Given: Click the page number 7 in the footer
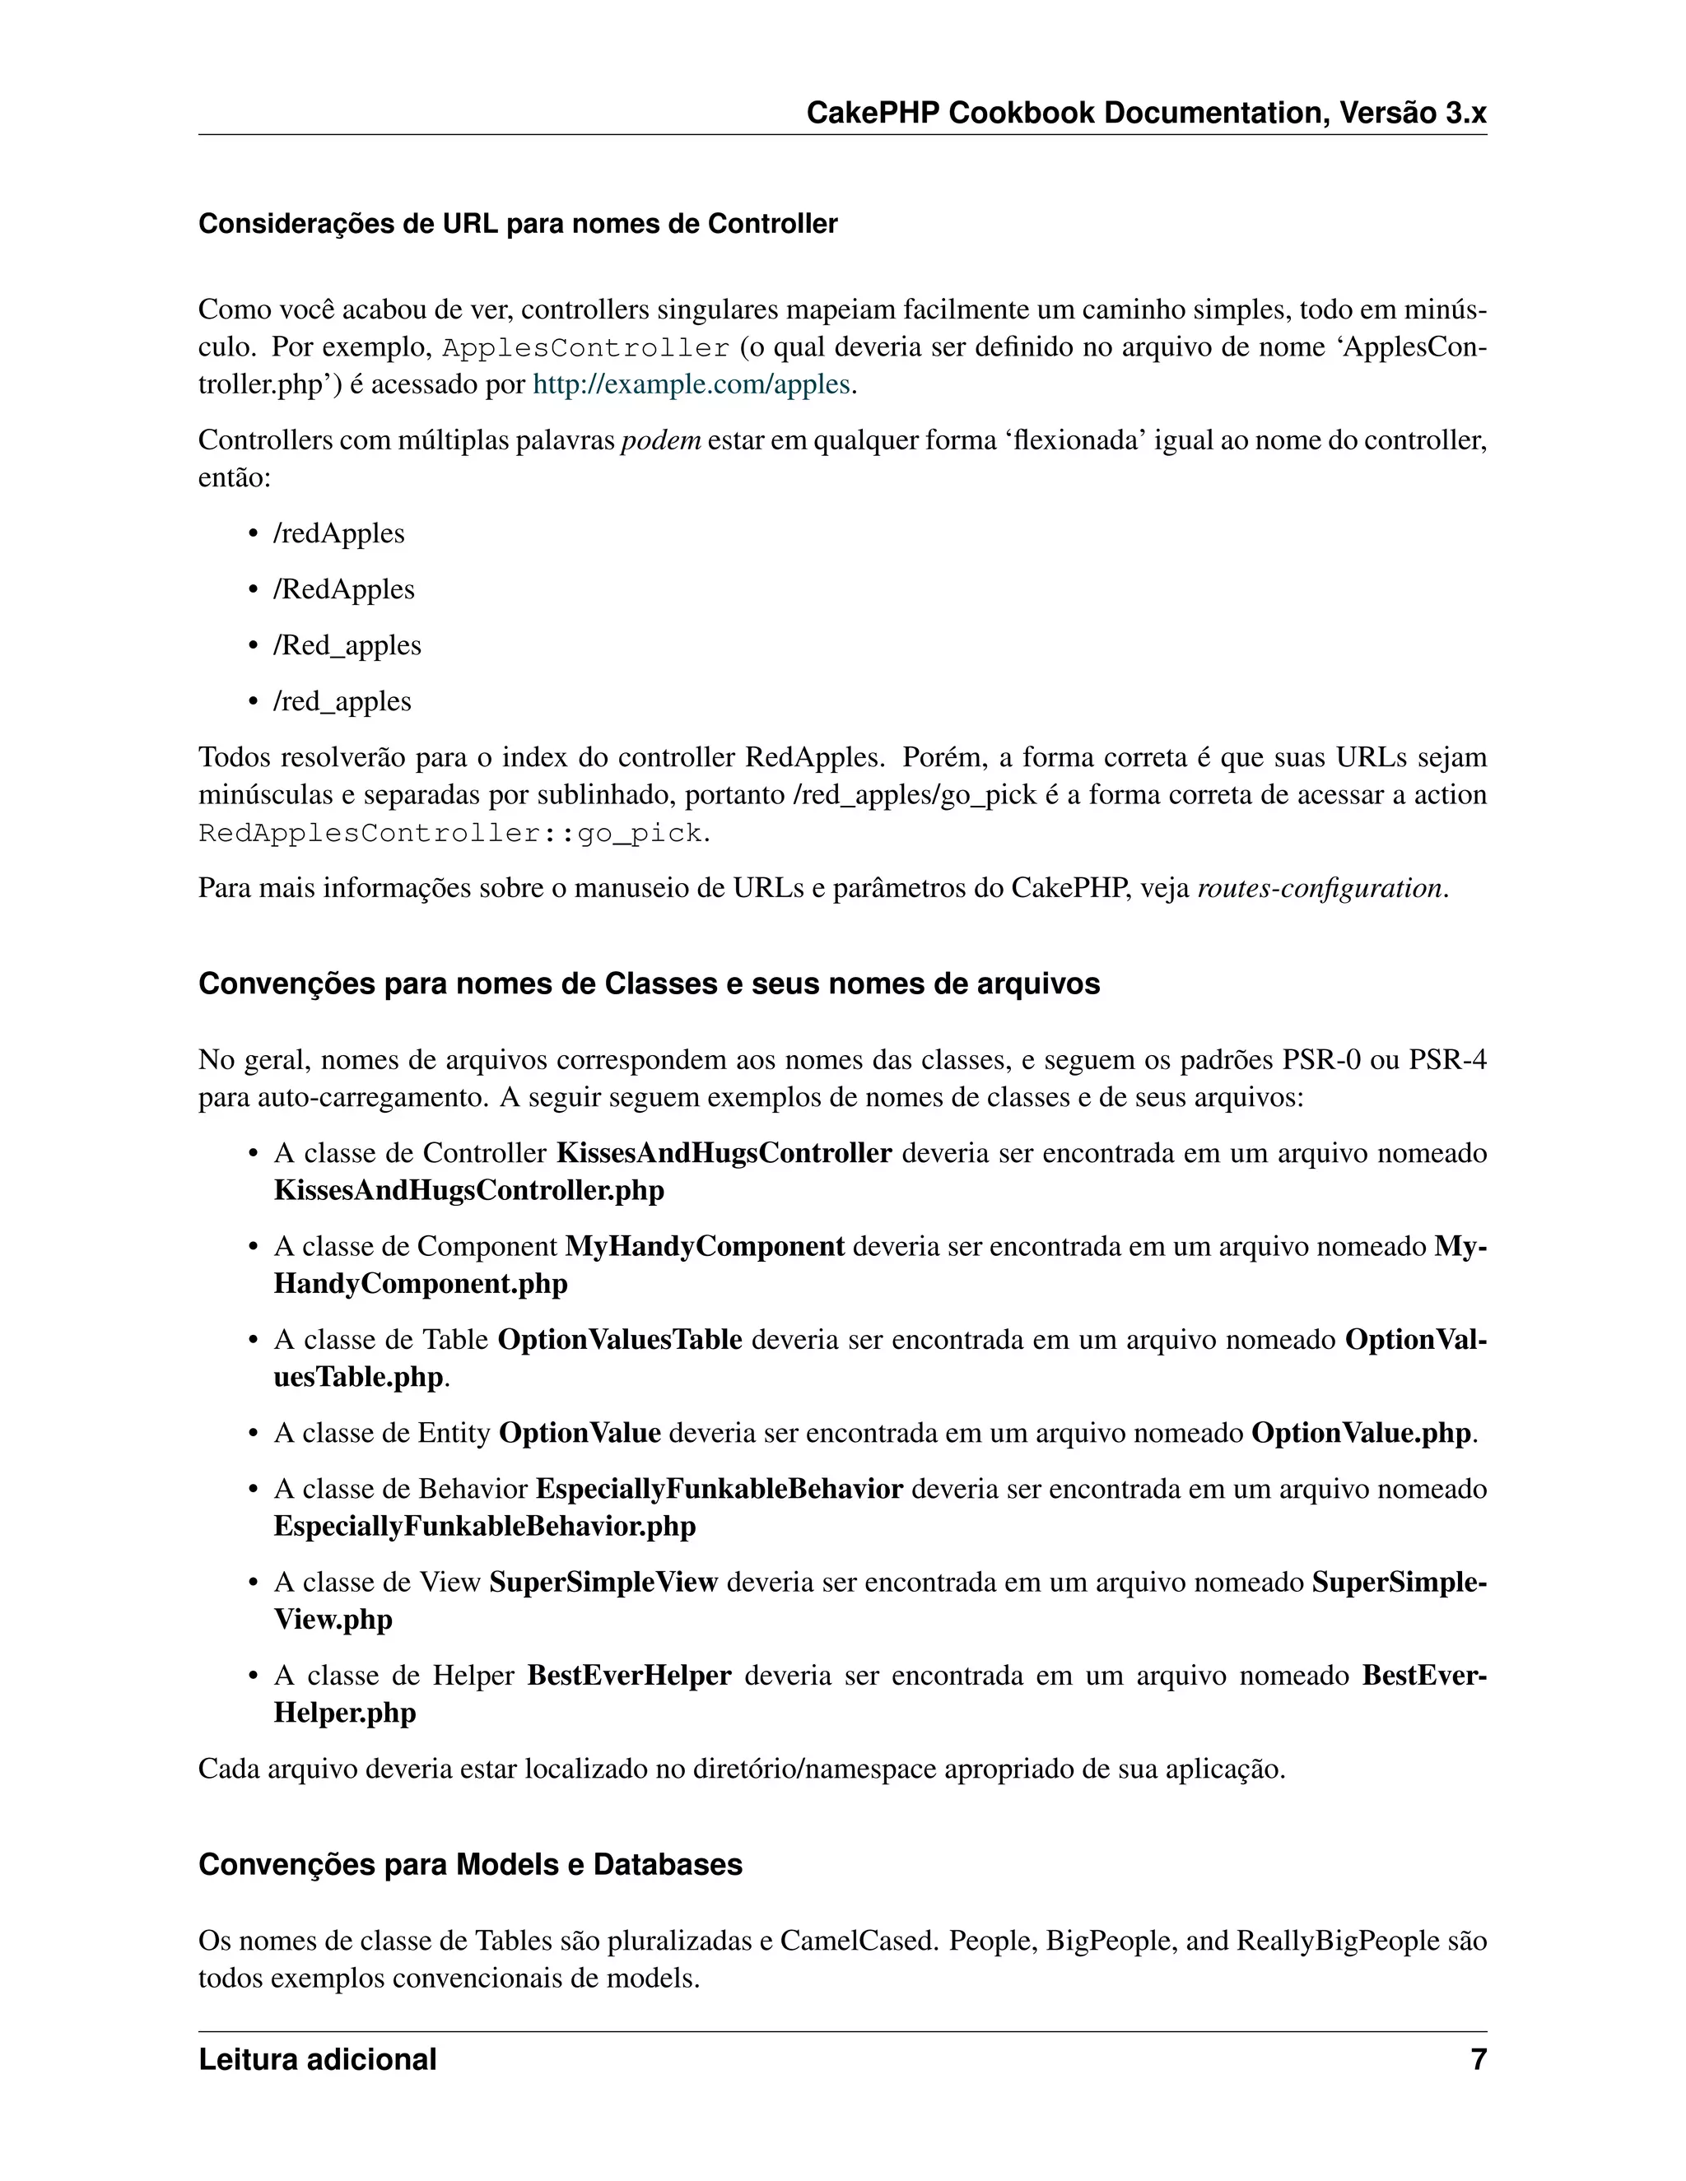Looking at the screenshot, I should coord(1477,2059).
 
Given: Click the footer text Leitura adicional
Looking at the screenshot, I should coord(317,2059).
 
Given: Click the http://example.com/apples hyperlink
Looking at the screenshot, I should coord(692,384).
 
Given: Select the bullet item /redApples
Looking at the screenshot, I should coord(338,533).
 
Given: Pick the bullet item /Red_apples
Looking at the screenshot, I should coord(347,645).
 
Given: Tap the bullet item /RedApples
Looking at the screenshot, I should coord(343,589).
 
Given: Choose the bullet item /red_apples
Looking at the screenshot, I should coord(342,701).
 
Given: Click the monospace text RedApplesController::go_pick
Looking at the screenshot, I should coord(451,833).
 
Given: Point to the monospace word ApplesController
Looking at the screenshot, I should coord(585,348).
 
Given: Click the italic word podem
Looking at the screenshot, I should coord(660,440).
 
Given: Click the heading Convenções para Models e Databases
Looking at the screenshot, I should coord(470,1864).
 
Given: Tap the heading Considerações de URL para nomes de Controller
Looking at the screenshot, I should coord(517,224).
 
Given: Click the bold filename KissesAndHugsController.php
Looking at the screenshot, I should coord(468,1190).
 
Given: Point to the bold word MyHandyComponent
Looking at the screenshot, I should coord(704,1246).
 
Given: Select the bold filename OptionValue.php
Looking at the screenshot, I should coord(1360,1433).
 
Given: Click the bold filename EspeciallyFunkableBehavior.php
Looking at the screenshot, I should coord(484,1526).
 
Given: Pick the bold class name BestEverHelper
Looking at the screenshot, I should coord(629,1675).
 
